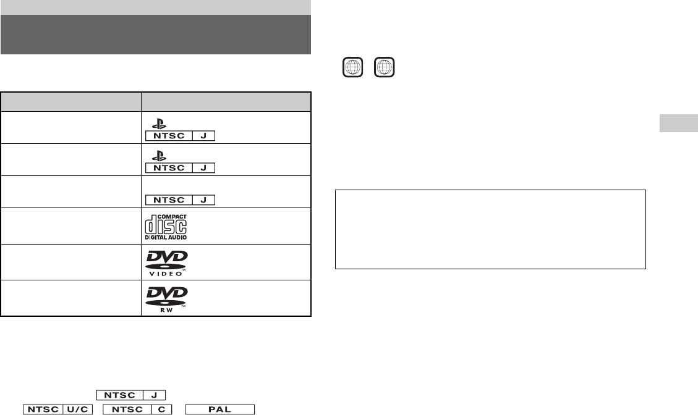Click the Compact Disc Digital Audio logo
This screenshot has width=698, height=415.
tap(166, 226)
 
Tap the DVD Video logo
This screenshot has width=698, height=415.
tap(166, 262)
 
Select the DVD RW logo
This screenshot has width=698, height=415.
tap(166, 298)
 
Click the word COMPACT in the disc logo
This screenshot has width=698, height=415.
tap(175, 217)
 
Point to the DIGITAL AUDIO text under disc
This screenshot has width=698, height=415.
tap(166, 237)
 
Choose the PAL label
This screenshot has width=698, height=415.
tap(220, 409)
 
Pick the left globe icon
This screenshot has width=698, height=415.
tap(352, 67)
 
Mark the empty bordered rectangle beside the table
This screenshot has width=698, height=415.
tap(490, 229)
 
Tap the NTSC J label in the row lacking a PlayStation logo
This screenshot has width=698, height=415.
tap(179, 200)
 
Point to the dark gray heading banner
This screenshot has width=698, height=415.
tap(155, 35)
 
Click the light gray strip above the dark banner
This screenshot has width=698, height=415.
tap(155, 7)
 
